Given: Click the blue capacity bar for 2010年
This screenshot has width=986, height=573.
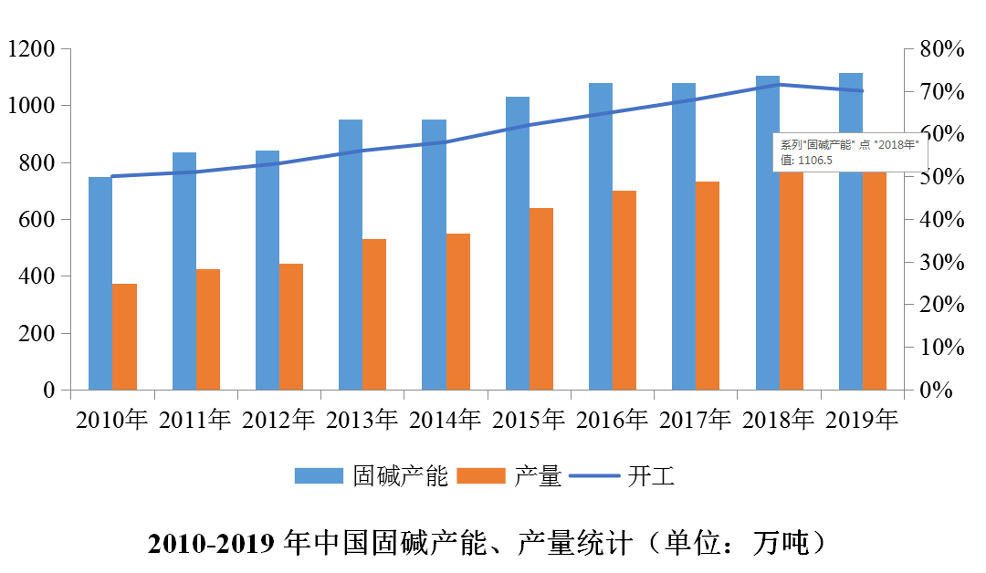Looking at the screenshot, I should pyautogui.click(x=100, y=283).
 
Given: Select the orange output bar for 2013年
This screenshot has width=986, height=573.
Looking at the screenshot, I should pyautogui.click(x=374, y=315).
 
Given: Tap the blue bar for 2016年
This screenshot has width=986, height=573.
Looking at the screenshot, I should pyautogui.click(x=600, y=236).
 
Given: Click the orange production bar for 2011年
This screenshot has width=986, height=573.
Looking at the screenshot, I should pyautogui.click(x=208, y=329).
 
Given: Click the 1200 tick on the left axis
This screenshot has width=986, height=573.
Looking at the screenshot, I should pyautogui.click(x=32, y=48).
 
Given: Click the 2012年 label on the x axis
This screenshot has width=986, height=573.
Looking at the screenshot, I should pyautogui.click(x=278, y=420).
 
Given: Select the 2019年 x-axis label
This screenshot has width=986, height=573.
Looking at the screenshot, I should pyautogui.click(x=862, y=420).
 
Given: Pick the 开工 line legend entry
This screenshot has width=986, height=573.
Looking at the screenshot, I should pyautogui.click(x=651, y=476).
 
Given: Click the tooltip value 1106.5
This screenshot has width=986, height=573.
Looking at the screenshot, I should pyautogui.click(x=813, y=160).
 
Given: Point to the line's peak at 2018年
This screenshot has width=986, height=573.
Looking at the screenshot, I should pyautogui.click(x=779, y=85).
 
